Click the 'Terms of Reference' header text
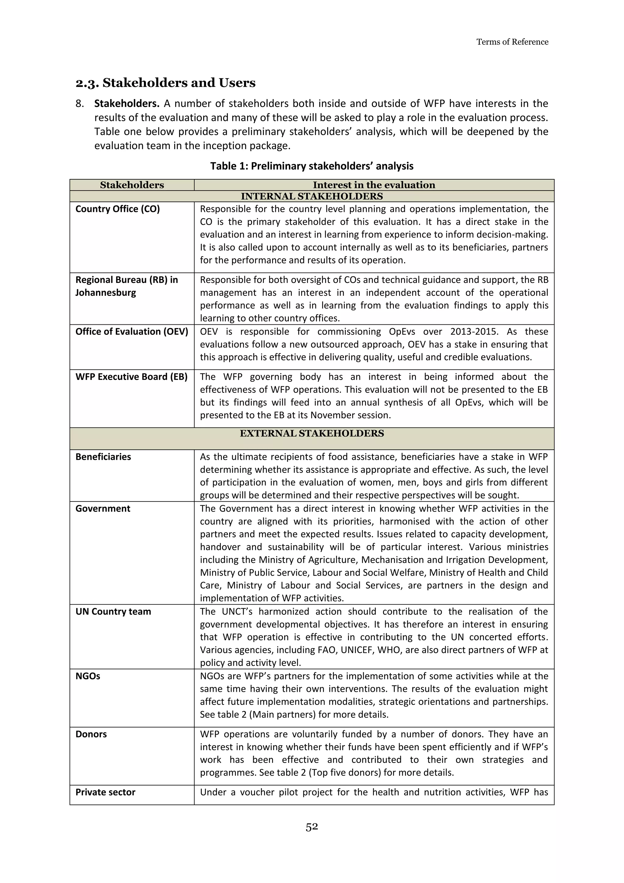(512, 42)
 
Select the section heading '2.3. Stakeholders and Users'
(166, 83)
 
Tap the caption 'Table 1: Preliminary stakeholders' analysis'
(312, 166)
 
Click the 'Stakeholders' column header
(132, 185)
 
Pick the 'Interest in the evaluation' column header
(374, 185)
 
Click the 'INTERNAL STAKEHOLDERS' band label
(312, 197)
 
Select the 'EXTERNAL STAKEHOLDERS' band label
(312, 434)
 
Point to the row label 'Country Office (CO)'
(118, 209)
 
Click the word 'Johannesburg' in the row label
(106, 293)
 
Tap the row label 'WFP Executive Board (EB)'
(131, 377)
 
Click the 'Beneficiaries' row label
(103, 457)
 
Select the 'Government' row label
(103, 509)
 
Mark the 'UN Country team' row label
(113, 612)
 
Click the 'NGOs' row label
(88, 676)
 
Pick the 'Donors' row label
(91, 734)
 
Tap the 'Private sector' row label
(105, 792)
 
